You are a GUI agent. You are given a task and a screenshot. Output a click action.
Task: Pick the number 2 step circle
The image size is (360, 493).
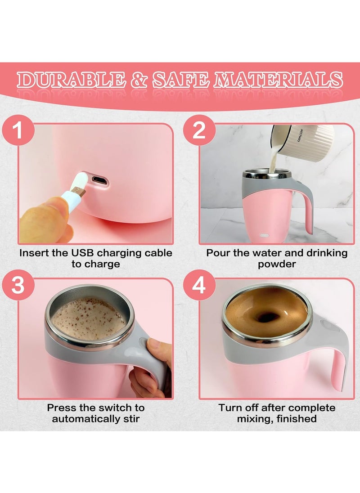(198, 131)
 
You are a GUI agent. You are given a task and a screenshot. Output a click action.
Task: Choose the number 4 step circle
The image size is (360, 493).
(198, 285)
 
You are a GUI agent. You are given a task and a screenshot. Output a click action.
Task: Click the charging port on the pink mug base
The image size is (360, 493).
(99, 181)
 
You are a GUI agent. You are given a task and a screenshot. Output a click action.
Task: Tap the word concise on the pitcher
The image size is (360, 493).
(300, 135)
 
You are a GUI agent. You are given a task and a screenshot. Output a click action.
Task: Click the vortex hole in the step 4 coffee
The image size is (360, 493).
(267, 317)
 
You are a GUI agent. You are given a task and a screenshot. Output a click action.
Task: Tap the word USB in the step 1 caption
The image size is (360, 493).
(92, 253)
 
